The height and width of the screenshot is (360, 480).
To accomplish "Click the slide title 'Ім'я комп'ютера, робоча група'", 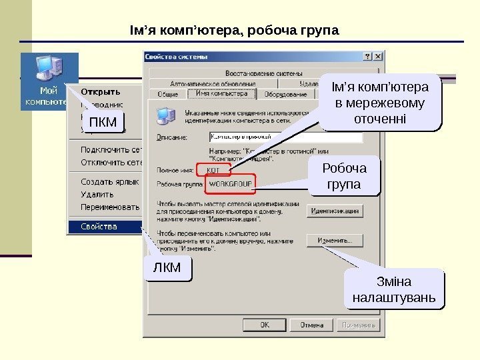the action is (x=234, y=31).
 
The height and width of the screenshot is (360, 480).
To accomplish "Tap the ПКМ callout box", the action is (x=103, y=123).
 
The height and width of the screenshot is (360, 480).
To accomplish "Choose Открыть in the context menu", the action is (x=101, y=91).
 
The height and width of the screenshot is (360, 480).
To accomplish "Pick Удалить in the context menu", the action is (x=97, y=194).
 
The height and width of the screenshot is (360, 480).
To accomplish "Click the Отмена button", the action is (x=311, y=325).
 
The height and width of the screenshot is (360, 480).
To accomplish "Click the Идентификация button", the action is (x=335, y=211).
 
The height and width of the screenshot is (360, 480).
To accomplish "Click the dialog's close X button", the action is (x=378, y=58).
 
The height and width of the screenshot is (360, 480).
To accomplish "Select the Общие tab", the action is (x=167, y=95).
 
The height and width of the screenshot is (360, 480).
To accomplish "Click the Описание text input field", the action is (x=285, y=137).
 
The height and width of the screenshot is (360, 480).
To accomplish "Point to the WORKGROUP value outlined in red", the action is (x=231, y=183).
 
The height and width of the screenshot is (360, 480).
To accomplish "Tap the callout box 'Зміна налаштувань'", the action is (x=393, y=289).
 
